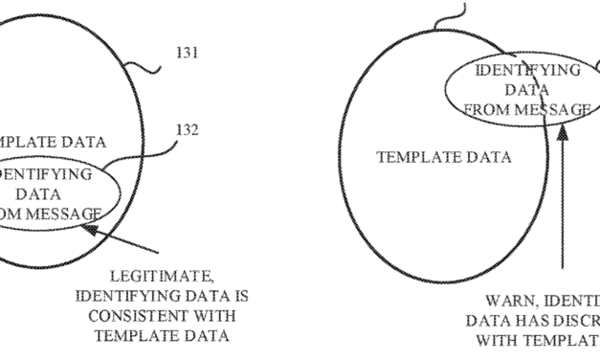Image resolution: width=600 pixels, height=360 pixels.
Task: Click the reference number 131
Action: point(188,54)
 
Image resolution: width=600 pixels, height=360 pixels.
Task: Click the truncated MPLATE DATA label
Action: point(39,143)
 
